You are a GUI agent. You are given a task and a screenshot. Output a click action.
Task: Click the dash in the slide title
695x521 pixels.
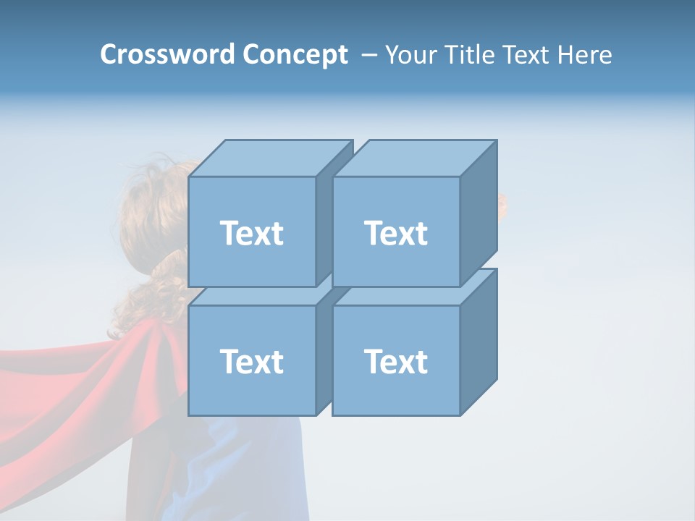coord(368,54)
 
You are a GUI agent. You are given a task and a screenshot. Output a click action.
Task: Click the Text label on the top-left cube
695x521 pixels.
coord(252,233)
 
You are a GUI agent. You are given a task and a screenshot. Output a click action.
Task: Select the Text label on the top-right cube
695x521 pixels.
coord(396,233)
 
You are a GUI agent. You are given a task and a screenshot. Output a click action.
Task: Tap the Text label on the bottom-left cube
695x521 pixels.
coord(252,361)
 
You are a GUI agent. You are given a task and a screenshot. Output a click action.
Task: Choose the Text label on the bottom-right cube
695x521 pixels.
coord(396,361)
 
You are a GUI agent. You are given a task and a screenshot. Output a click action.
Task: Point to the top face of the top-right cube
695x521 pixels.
coord(415,158)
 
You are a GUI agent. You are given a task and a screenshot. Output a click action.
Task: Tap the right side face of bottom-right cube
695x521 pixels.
coord(479,342)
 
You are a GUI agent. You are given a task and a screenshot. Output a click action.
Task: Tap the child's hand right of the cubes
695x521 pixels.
coord(502,206)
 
